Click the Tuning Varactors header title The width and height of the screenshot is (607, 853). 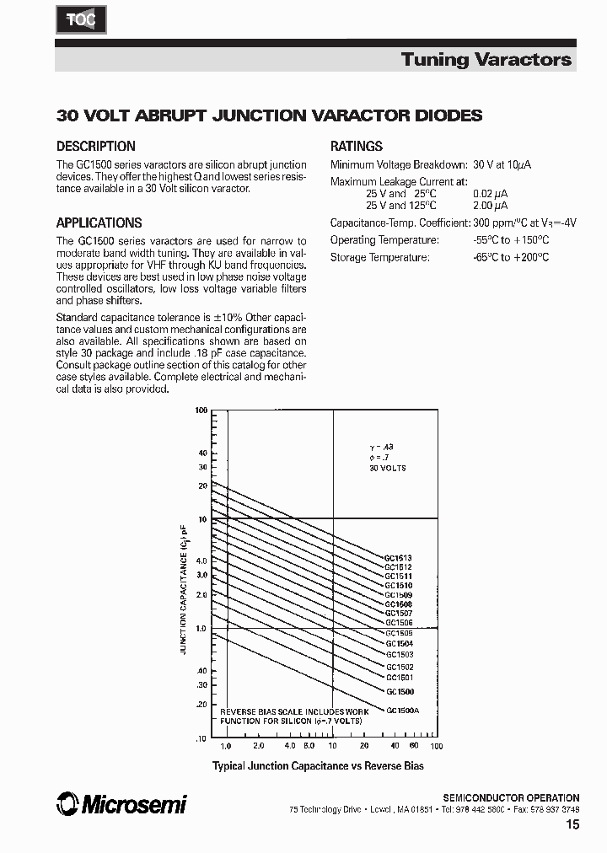[486, 59]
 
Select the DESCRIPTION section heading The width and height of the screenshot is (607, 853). [95, 146]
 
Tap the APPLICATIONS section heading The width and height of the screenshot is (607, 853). [99, 223]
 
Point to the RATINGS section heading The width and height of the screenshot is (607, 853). [357, 146]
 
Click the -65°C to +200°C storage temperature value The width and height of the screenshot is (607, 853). [511, 257]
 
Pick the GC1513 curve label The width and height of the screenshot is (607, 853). [399, 558]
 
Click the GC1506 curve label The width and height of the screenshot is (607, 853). [399, 622]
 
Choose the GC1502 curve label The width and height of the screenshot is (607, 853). [399, 667]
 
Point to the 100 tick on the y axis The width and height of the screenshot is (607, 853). [201, 410]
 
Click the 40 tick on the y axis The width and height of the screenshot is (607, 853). [202, 453]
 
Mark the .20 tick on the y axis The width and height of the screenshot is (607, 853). [201, 704]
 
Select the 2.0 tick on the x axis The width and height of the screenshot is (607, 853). [258, 747]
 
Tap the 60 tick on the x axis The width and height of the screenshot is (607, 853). [414, 747]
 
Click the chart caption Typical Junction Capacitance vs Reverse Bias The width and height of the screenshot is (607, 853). [318, 766]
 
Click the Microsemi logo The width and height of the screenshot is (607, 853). [121, 805]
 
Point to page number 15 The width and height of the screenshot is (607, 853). [572, 826]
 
